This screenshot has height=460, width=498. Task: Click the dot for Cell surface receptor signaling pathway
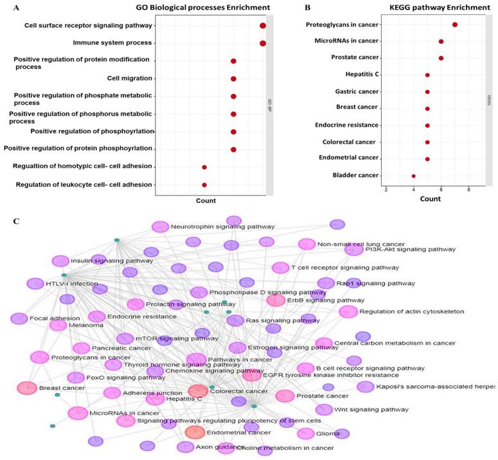coord(263,26)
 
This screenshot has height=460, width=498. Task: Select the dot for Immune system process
coord(263,43)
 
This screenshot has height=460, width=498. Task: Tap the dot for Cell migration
coord(233,78)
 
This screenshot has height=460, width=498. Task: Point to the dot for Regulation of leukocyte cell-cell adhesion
coord(204,185)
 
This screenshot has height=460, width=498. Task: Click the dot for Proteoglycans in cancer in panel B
coord(455,24)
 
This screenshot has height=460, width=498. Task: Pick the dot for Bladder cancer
coord(414,176)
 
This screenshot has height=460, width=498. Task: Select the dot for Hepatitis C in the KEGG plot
coord(427,75)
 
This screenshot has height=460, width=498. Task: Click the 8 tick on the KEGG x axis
coord(468,190)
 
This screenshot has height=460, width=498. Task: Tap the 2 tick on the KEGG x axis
coord(386,190)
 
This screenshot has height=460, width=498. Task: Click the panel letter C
coord(16,221)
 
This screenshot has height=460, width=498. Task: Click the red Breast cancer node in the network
coord(27,388)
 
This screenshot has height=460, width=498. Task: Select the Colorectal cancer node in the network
coord(198,391)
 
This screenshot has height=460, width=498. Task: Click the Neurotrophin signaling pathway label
coord(222,226)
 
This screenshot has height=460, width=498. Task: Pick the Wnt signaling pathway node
coord(324,409)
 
